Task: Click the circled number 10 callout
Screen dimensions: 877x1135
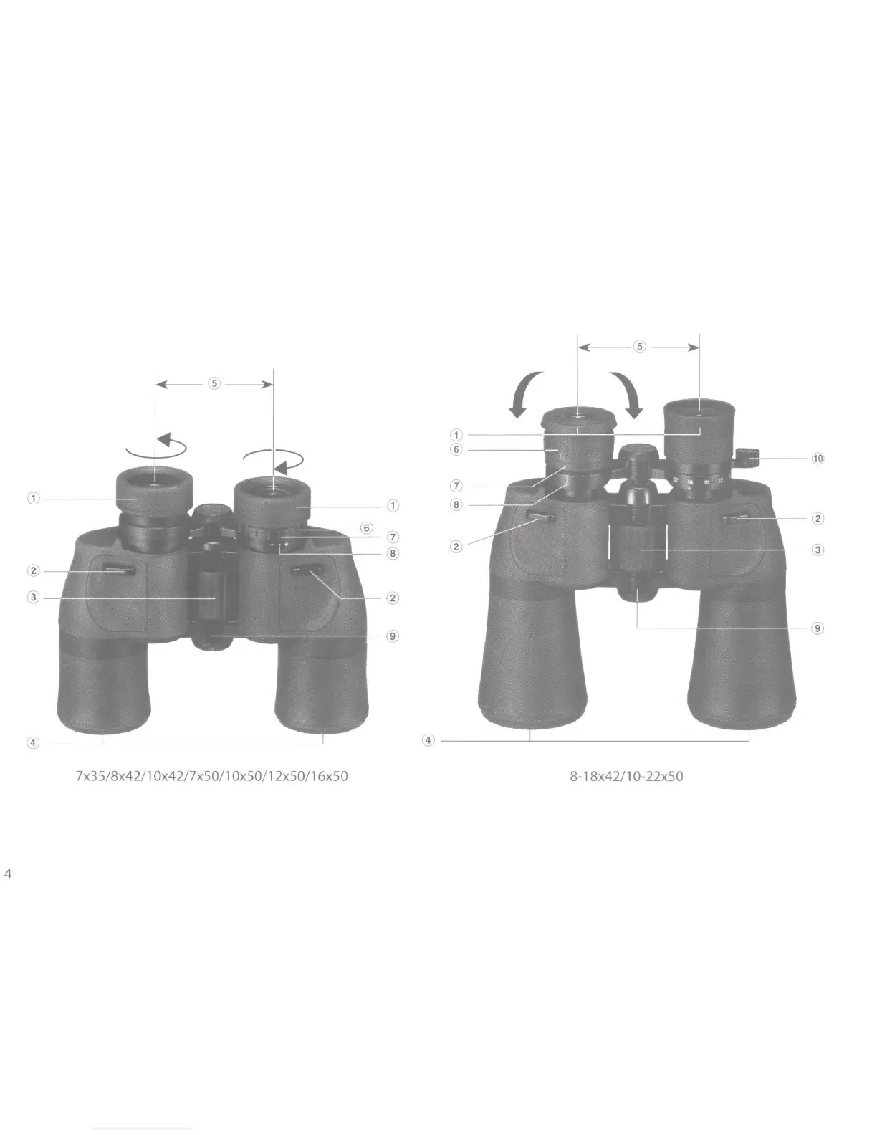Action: click(x=818, y=459)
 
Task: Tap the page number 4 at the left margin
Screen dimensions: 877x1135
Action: click(x=8, y=874)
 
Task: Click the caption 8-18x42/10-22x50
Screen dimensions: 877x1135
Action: click(x=626, y=777)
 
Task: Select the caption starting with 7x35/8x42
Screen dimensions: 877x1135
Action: click(x=212, y=776)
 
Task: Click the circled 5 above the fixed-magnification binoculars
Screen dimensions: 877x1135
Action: click(x=214, y=384)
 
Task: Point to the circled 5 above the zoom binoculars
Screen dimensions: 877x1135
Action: click(x=639, y=347)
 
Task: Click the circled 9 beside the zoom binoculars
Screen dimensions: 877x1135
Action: click(x=818, y=628)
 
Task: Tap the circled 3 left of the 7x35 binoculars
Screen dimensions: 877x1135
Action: click(x=34, y=597)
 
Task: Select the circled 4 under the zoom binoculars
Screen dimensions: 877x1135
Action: click(x=428, y=740)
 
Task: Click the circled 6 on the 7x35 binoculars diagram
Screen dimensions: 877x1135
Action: click(x=367, y=528)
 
